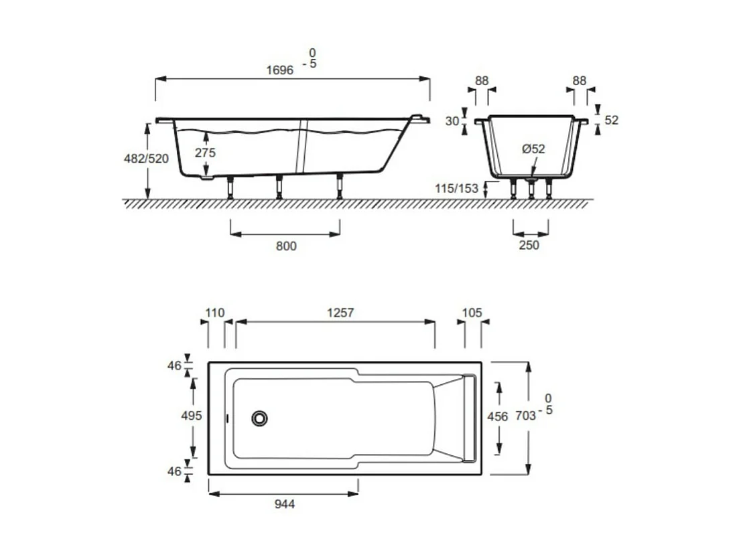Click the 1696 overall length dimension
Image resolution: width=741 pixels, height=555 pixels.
coord(279,70)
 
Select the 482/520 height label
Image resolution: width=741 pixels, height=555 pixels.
coord(146,159)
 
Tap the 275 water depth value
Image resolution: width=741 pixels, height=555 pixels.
coord(205,153)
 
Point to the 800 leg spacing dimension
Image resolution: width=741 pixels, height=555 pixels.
coord(285,246)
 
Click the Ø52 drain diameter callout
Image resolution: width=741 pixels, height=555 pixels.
coord(534,149)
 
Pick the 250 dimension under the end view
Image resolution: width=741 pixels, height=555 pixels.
coord(529,245)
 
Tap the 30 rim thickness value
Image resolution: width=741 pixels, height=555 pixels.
coord(452,121)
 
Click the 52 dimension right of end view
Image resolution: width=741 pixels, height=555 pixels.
coord(611,120)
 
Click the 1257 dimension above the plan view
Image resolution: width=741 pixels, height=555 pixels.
coord(340,313)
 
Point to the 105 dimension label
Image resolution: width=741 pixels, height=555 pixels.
coord(472,313)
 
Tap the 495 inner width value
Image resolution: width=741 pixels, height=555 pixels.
coord(192,416)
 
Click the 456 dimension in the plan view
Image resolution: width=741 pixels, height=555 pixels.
coord(496,416)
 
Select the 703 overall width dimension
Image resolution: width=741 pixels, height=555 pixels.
coord(526,416)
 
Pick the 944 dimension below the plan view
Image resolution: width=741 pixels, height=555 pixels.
coord(284,503)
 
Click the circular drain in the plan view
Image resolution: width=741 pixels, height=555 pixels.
coord(260,418)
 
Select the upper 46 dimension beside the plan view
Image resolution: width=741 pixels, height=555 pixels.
coord(175,366)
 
